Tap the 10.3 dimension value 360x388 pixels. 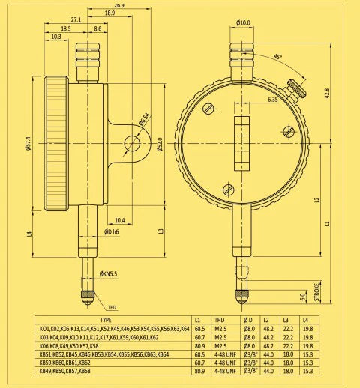click(x=56, y=36)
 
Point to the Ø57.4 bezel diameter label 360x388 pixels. click(x=28, y=142)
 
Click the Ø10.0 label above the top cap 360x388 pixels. click(x=243, y=22)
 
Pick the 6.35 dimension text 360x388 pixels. click(x=272, y=98)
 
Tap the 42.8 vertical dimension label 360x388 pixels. click(x=327, y=94)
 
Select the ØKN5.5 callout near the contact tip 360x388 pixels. click(x=109, y=274)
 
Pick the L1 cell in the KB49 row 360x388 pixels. click(x=199, y=371)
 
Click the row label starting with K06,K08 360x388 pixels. click(x=68, y=346)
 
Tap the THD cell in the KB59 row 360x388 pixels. click(x=224, y=363)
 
